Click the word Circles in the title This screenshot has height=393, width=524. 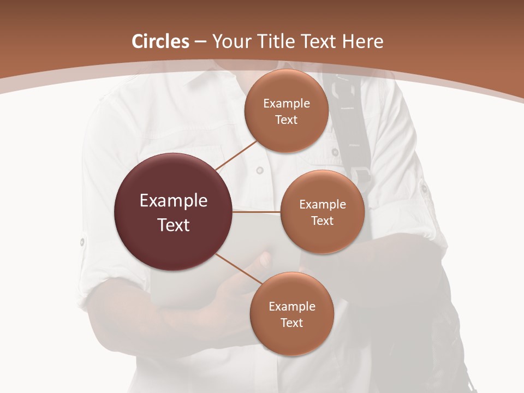tap(160, 41)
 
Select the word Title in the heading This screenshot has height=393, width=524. tap(275, 41)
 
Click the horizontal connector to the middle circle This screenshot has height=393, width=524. tap(257, 212)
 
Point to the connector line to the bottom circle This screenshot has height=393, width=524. tap(239, 269)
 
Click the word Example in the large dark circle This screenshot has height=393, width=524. tap(174, 201)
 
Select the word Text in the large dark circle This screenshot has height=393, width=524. tap(174, 225)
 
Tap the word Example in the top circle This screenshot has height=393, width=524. tap(287, 104)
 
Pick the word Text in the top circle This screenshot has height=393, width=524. tap(287, 120)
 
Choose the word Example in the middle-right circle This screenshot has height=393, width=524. tap(323, 205)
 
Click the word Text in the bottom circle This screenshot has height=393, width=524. tap(292, 323)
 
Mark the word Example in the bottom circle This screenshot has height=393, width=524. tap(292, 307)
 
